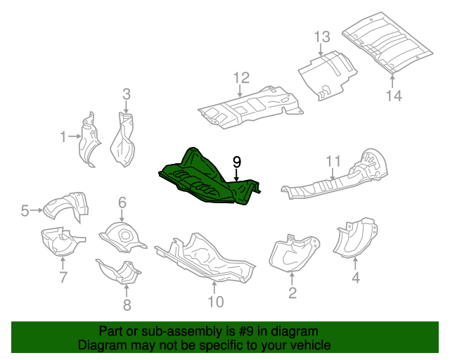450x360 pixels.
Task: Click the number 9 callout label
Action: (237, 162)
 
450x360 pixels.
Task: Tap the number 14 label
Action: (393, 96)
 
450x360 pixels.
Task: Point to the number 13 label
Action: (321, 37)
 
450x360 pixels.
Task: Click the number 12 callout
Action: (241, 77)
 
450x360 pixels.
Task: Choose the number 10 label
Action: (216, 302)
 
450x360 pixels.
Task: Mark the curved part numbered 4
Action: (354, 239)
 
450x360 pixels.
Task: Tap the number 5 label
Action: (24, 210)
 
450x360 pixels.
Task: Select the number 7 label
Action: (63, 277)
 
